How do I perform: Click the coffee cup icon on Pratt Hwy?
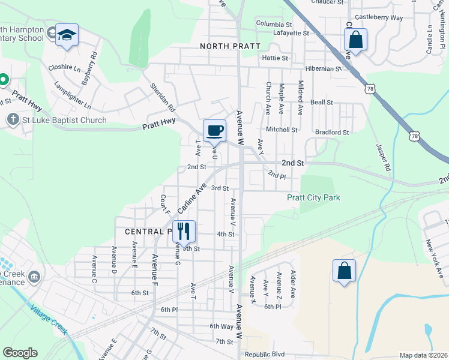pyautogui.click(x=215, y=130)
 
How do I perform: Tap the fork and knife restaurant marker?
pyautogui.click(x=184, y=230)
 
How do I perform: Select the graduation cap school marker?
pyautogui.click(x=67, y=35)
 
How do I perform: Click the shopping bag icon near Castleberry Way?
pyautogui.click(x=355, y=41)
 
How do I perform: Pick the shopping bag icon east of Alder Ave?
pyautogui.click(x=345, y=271)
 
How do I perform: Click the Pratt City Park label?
pyautogui.click(x=313, y=197)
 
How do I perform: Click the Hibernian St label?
pyautogui.click(x=321, y=68)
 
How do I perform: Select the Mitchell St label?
pyautogui.click(x=282, y=130)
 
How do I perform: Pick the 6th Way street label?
pyautogui.click(x=221, y=326)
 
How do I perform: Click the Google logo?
pyautogui.click(x=20, y=353)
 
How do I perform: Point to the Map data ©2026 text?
pyautogui.click(x=423, y=355)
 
